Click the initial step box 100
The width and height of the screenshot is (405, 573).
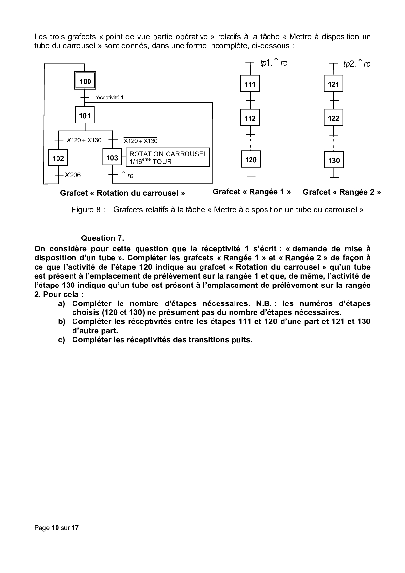click(85, 81)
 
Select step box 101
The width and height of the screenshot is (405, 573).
click(85, 116)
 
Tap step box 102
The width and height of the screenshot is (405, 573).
click(58, 158)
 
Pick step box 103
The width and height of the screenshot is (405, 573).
click(112, 158)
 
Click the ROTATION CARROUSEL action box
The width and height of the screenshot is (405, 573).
click(168, 157)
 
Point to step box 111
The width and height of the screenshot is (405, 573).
click(250, 85)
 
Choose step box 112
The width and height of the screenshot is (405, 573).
click(250, 118)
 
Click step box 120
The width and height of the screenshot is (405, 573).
click(251, 160)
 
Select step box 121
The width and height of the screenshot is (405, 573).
click(333, 85)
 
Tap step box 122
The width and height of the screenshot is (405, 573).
click(333, 118)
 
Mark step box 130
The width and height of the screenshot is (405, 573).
click(334, 160)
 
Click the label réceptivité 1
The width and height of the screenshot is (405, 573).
click(109, 98)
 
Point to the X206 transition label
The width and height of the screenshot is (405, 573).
click(73, 175)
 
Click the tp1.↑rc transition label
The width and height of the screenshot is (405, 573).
click(273, 63)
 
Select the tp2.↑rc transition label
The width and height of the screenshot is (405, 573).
click(357, 64)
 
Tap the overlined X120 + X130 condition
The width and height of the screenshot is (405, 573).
click(140, 141)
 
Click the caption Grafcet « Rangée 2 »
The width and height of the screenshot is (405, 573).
click(341, 192)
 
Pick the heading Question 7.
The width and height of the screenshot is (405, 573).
click(103, 238)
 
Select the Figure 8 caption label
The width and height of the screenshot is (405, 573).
click(88, 210)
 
